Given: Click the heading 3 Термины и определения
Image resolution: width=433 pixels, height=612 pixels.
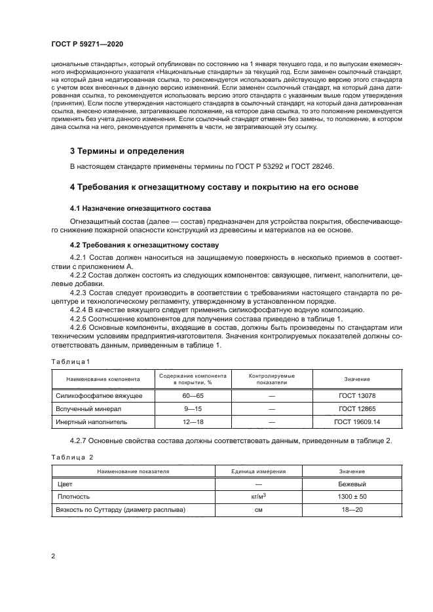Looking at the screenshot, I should (x=122, y=151).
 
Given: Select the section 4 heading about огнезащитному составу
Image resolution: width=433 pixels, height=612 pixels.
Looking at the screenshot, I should (x=214, y=187).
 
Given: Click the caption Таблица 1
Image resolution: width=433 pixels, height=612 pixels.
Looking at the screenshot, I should (x=69, y=361).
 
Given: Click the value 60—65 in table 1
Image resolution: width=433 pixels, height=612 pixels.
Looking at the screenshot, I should (x=193, y=396).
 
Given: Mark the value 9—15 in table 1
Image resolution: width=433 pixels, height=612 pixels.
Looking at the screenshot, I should (x=193, y=409).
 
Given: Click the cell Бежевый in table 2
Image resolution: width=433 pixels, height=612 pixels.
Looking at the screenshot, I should (x=352, y=484).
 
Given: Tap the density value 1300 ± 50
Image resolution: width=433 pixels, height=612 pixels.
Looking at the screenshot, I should (x=352, y=497).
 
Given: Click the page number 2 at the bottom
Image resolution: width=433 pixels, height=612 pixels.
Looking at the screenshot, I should (x=53, y=556).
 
